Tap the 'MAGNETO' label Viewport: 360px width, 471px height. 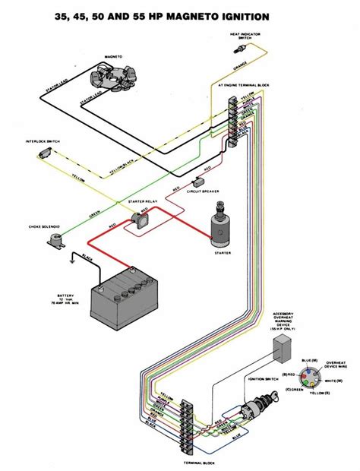[x=115, y=58]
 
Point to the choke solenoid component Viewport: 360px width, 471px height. [x=54, y=240]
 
